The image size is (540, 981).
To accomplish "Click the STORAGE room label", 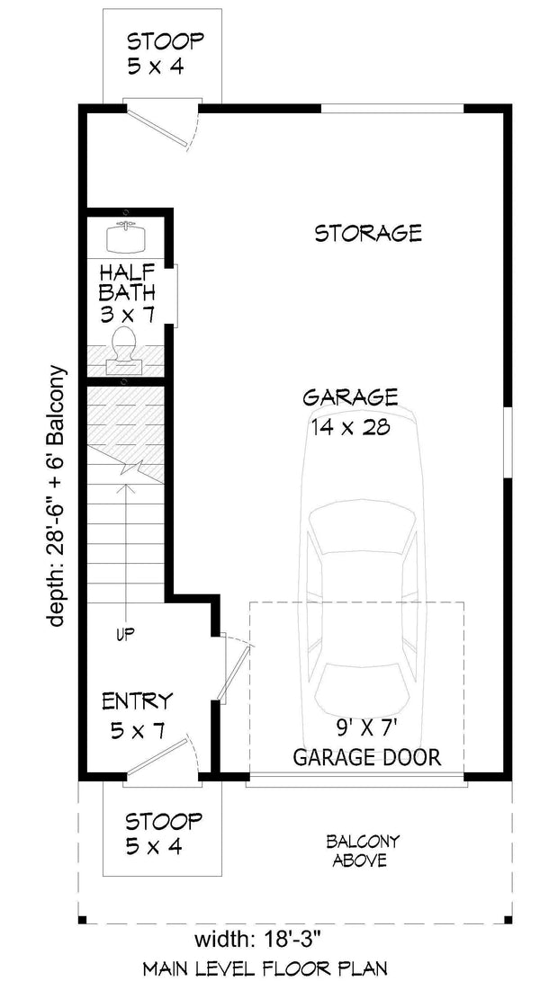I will coord(367,234).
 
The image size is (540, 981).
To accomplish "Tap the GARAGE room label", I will coord(350,397).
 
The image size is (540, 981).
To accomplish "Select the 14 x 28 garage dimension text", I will coord(350,427).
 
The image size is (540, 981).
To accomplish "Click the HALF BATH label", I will coord(127,281).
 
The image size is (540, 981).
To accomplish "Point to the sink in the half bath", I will coord(126,237).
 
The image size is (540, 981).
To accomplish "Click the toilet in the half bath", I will coord(125,350).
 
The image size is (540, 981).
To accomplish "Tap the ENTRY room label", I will coord(137,701).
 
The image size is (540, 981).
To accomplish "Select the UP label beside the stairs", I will coord(125,635).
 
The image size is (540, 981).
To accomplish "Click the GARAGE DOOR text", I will coord(367,757).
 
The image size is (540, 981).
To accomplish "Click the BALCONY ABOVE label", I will coord(363,851).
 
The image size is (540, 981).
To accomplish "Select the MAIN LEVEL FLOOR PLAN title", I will coord(265,968).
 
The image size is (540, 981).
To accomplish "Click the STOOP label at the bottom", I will coord(163,821).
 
